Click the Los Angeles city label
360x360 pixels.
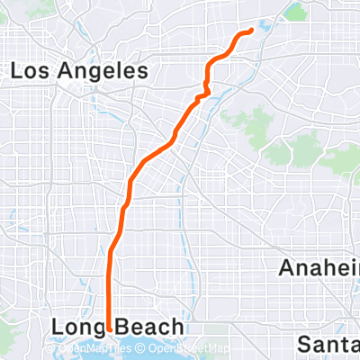[79, 70]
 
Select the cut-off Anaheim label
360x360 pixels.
[319, 267]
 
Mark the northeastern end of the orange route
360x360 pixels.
[251, 31]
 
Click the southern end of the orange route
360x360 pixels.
[109, 330]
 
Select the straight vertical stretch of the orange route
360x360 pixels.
[109, 288]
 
